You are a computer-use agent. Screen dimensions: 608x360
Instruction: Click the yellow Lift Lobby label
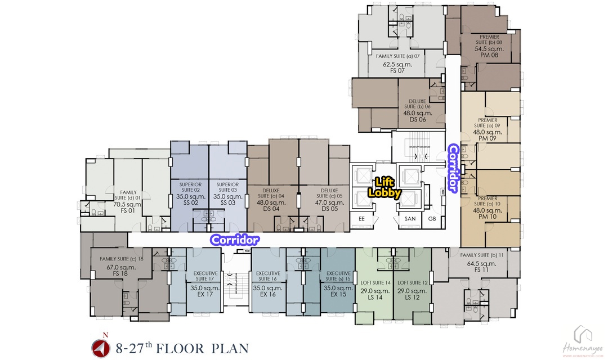pyautogui.click(x=385, y=187)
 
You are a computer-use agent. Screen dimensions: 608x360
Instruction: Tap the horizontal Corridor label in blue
pyautogui.click(x=235, y=240)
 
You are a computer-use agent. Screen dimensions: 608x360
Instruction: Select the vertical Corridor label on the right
pyautogui.click(x=453, y=168)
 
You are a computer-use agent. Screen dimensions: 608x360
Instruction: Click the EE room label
pyautogui.click(x=361, y=219)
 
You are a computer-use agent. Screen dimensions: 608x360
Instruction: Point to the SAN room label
pyautogui.click(x=410, y=219)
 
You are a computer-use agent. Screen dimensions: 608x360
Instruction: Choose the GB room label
pyautogui.click(x=432, y=219)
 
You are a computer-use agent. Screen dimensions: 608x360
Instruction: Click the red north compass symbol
pyautogui.click(x=100, y=348)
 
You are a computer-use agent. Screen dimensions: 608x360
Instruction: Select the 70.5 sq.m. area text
pyautogui.click(x=127, y=204)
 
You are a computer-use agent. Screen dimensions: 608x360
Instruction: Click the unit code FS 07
pyautogui.click(x=397, y=70)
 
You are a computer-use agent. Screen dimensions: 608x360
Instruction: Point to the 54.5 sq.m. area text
pyautogui.click(x=489, y=49)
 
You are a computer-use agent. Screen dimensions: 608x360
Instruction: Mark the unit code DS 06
pyautogui.click(x=418, y=119)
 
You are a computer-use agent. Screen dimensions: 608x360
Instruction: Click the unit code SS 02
pyautogui.click(x=190, y=202)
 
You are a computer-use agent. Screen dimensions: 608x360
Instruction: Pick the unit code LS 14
pyautogui.click(x=375, y=297)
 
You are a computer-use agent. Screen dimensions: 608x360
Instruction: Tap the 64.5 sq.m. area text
pyautogui.click(x=481, y=263)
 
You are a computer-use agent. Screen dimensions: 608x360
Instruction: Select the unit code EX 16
pyautogui.click(x=268, y=294)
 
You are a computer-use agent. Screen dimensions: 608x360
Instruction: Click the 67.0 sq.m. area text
pyautogui.click(x=121, y=267)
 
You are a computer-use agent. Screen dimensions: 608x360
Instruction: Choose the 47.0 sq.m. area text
pyautogui.click(x=329, y=202)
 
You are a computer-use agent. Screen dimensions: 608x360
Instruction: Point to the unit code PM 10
pyautogui.click(x=488, y=217)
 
